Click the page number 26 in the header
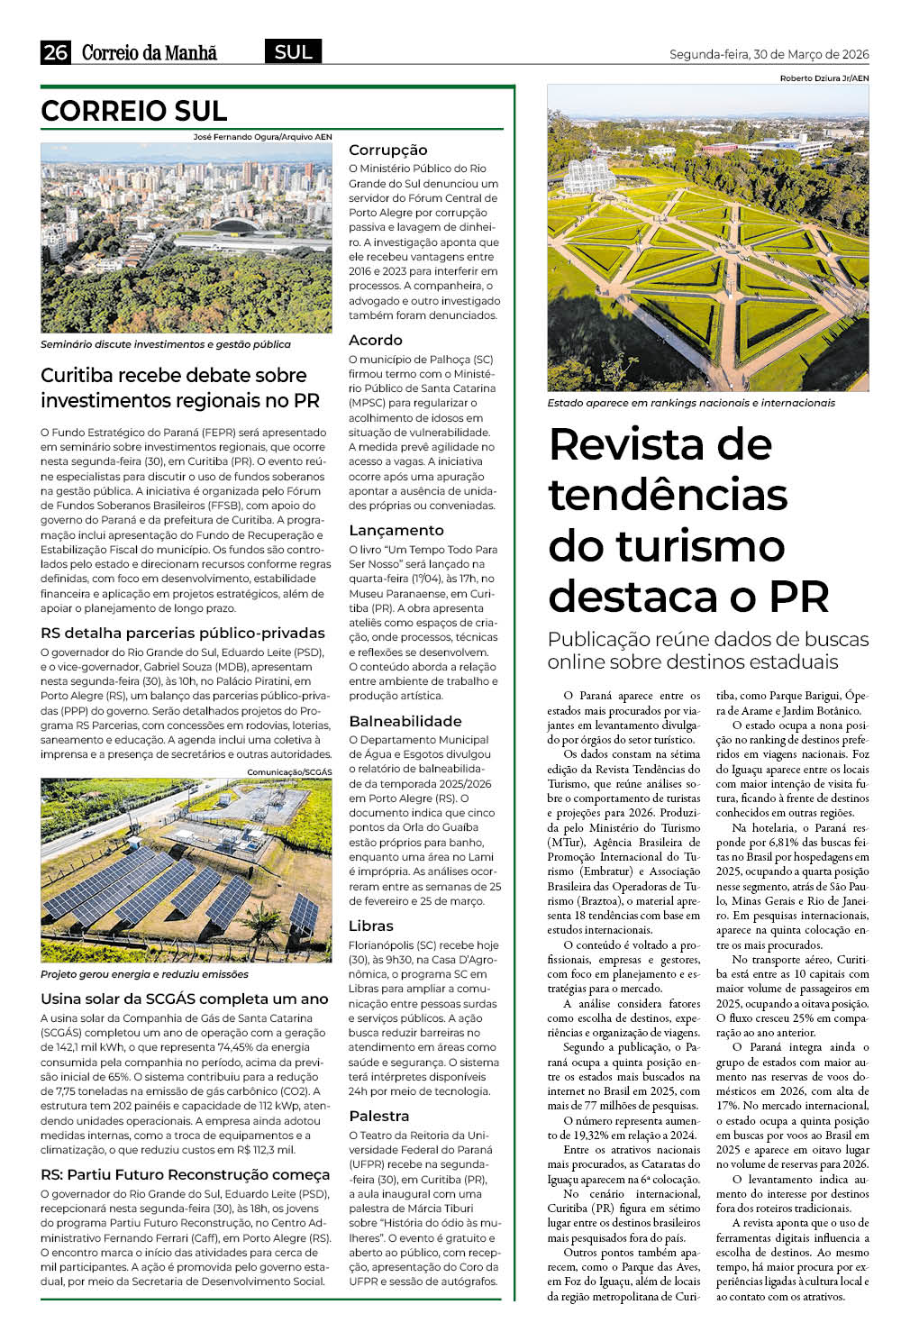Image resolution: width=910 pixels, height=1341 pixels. coord(55,52)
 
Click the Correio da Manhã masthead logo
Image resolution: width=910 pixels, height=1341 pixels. coord(150,52)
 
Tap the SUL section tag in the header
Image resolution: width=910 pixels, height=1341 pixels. coord(293,52)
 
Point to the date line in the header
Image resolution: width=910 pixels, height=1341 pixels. coord(769,54)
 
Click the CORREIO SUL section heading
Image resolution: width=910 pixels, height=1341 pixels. coord(133,111)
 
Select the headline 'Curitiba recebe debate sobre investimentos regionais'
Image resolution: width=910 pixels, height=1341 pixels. coord(174,388)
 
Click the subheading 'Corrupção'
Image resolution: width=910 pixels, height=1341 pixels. coord(387,150)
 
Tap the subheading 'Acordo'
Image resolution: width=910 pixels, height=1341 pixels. coord(375,340)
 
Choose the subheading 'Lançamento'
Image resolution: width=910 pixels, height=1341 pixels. coord(396,530)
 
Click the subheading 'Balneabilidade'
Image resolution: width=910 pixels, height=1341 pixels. coord(405,721)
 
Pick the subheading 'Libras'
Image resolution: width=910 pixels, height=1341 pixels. coord(371,926)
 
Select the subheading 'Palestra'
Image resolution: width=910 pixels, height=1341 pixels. coord(379,1116)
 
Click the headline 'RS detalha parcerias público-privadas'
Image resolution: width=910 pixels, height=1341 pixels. coord(183,633)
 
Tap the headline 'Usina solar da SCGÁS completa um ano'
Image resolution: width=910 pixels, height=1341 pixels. coord(185,999)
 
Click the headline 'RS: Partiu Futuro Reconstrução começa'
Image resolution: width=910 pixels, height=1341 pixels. coord(186,1174)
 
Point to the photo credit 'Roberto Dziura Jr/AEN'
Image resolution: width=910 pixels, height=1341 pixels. coord(824,78)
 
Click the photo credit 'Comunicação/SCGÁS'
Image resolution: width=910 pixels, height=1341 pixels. coord(289,772)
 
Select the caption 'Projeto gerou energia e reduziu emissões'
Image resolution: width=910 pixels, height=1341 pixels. coord(144,974)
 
